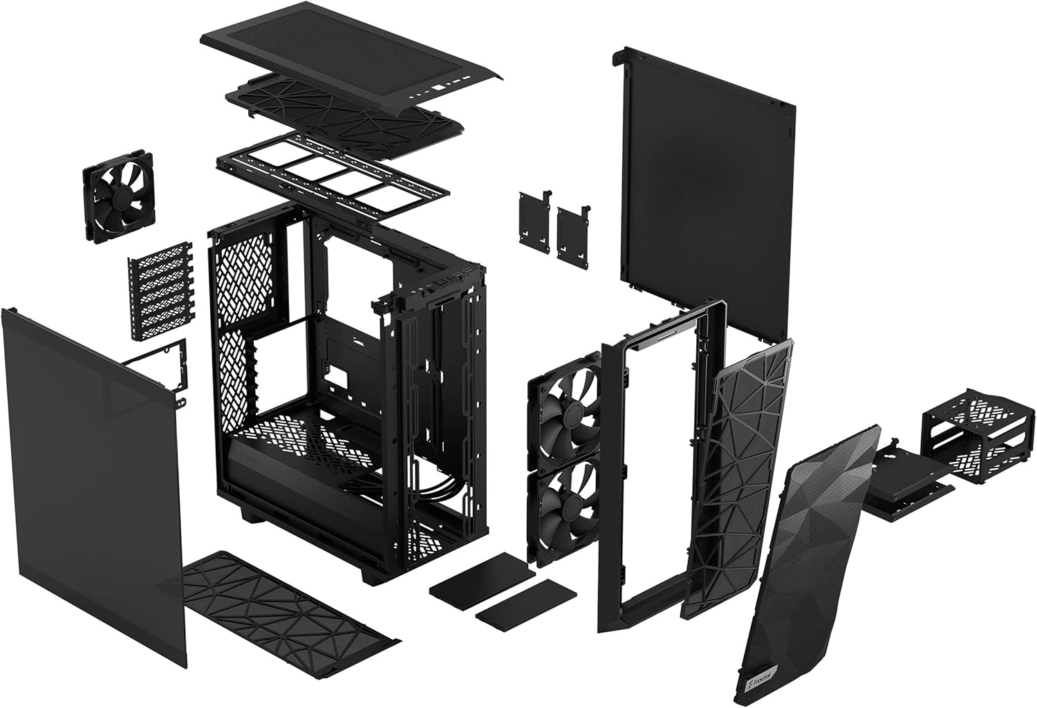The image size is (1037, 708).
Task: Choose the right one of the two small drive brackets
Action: [x=573, y=232]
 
